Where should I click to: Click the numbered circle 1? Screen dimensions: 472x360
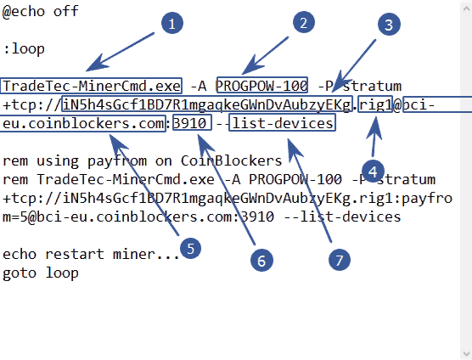(172, 23)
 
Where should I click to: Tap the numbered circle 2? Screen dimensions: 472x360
(304, 23)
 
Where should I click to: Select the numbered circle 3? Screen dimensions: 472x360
(389, 25)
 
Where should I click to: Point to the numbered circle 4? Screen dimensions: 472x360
(373, 172)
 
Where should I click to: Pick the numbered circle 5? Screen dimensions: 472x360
(190, 248)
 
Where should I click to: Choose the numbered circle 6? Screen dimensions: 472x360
(261, 261)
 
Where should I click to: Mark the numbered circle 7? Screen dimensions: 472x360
(340, 260)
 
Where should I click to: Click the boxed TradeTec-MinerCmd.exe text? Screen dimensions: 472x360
(91, 86)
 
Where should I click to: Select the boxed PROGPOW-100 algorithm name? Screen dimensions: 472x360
(261, 86)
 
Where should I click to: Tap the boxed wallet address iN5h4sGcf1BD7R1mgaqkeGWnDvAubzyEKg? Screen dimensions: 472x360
(207, 104)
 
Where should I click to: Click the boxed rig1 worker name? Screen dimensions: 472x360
(375, 104)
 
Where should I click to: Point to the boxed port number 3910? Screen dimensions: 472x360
(192, 123)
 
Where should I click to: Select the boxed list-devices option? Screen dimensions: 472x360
(283, 123)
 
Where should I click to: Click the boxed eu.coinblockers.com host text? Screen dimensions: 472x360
(83, 123)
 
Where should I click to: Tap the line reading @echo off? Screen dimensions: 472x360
(41, 11)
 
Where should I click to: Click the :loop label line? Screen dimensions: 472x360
(24, 49)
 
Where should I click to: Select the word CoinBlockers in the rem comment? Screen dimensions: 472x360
(231, 160)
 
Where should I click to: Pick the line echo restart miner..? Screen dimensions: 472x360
(91, 254)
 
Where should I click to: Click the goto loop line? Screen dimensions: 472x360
(41, 273)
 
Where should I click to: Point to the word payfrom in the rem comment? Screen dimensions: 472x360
(117, 161)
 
